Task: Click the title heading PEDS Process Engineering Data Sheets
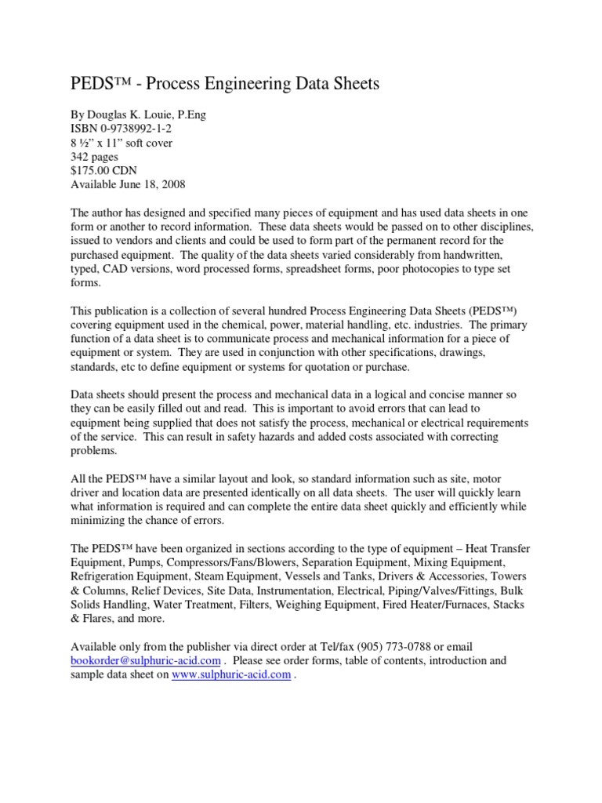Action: tap(225, 84)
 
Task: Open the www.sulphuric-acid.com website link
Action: tap(231, 675)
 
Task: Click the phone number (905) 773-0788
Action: tap(397, 647)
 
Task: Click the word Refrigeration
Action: tap(105, 577)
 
